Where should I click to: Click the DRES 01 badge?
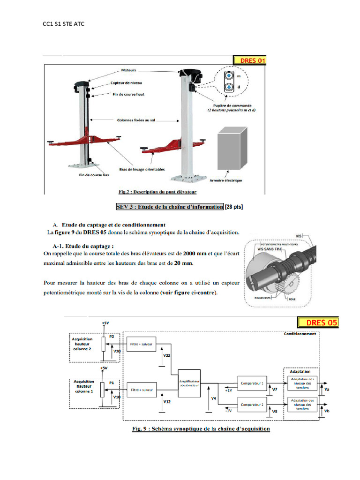pyautogui.click(x=249, y=60)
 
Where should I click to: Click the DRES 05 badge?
pyautogui.click(x=317, y=322)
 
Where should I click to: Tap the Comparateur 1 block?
pyautogui.click(x=252, y=383)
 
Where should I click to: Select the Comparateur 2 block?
pyautogui.click(x=252, y=404)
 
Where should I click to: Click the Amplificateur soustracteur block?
pyautogui.click(x=189, y=383)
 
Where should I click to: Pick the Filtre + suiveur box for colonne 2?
pyautogui.click(x=141, y=344)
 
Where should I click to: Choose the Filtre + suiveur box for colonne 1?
pyautogui.click(x=141, y=390)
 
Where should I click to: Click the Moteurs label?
pyautogui.click(x=128, y=70)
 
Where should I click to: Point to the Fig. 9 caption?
pyautogui.click(x=199, y=429)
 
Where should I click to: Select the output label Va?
pyautogui.click(x=326, y=389)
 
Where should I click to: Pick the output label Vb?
pyautogui.click(x=326, y=411)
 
